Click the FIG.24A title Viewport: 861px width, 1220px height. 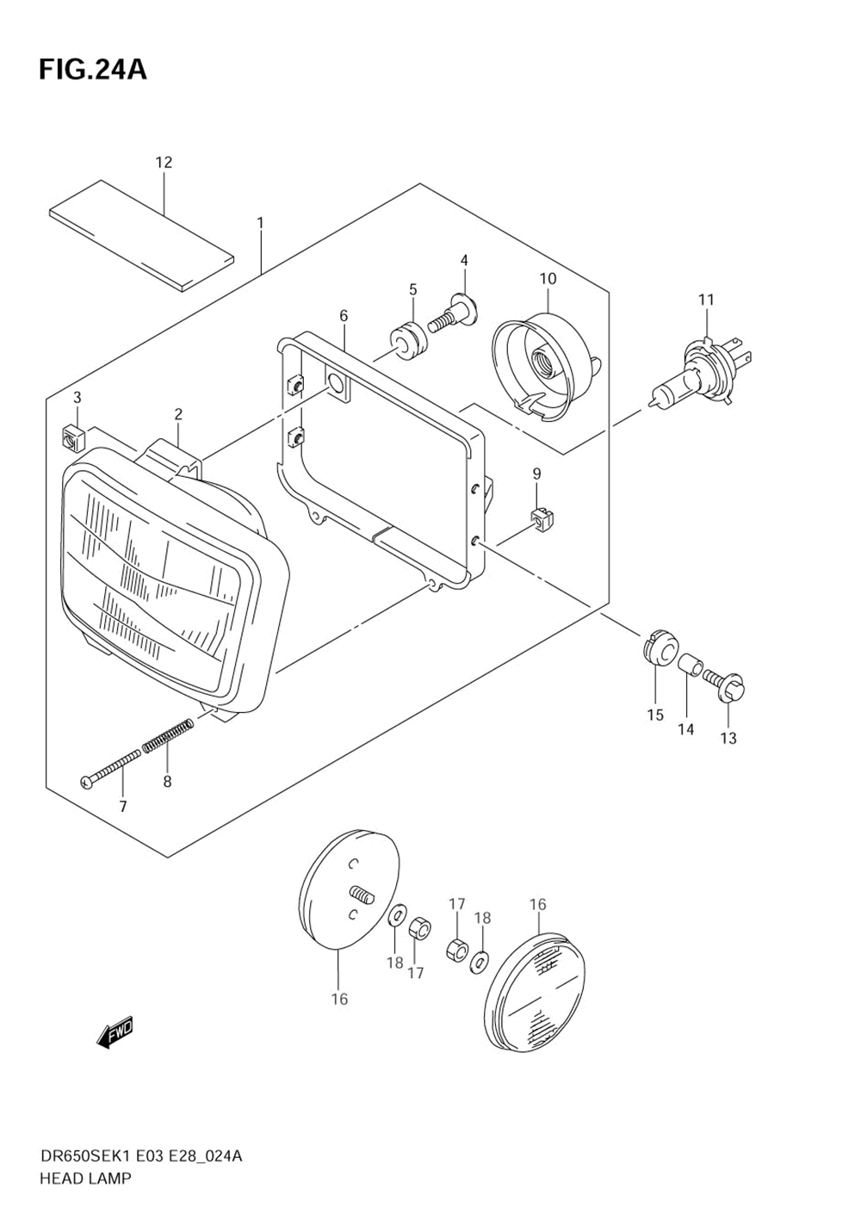[92, 70]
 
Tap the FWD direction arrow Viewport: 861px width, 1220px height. [115, 1031]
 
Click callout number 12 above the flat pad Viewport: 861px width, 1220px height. [164, 162]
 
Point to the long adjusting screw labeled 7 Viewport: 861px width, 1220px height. [110, 768]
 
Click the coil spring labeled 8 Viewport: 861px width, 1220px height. [168, 736]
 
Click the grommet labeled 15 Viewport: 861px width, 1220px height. [659, 647]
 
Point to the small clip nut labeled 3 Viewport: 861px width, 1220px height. [72, 438]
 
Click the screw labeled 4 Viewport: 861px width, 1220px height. [456, 313]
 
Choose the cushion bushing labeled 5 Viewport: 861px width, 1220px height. [409, 338]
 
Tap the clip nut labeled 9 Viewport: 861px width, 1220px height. [541, 519]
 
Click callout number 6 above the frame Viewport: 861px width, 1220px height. [344, 316]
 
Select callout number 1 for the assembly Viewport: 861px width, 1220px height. [260, 223]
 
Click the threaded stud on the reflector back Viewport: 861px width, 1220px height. [362, 897]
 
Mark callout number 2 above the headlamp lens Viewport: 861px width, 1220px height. [178, 414]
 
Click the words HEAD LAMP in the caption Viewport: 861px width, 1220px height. [85, 1178]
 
